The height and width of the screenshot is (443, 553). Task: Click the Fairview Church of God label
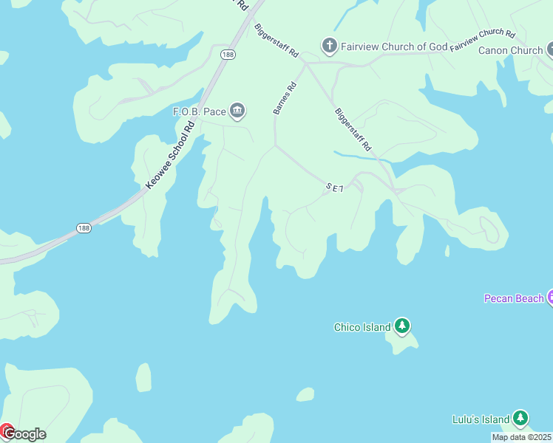point(394,47)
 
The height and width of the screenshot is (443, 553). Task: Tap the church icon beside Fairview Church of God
point(329,47)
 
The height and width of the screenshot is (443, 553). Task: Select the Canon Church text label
point(510,51)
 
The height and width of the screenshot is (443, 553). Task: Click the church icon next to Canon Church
point(550,50)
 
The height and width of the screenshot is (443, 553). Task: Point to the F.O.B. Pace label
point(199,111)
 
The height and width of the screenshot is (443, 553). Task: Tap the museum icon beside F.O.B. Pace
point(237,111)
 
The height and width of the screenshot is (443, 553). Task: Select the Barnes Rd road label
point(285,97)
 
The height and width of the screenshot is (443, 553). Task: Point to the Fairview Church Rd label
point(482,38)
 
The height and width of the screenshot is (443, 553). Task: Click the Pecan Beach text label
point(514,298)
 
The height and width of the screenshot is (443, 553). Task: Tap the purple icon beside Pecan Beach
point(550,298)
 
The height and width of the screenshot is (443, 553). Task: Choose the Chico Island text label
point(362,327)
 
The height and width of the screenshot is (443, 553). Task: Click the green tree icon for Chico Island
point(401,326)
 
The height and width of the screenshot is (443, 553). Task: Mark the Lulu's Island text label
point(481,419)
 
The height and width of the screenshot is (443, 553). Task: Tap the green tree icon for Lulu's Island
point(520,419)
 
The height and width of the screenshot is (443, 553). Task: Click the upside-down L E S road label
point(335,188)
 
